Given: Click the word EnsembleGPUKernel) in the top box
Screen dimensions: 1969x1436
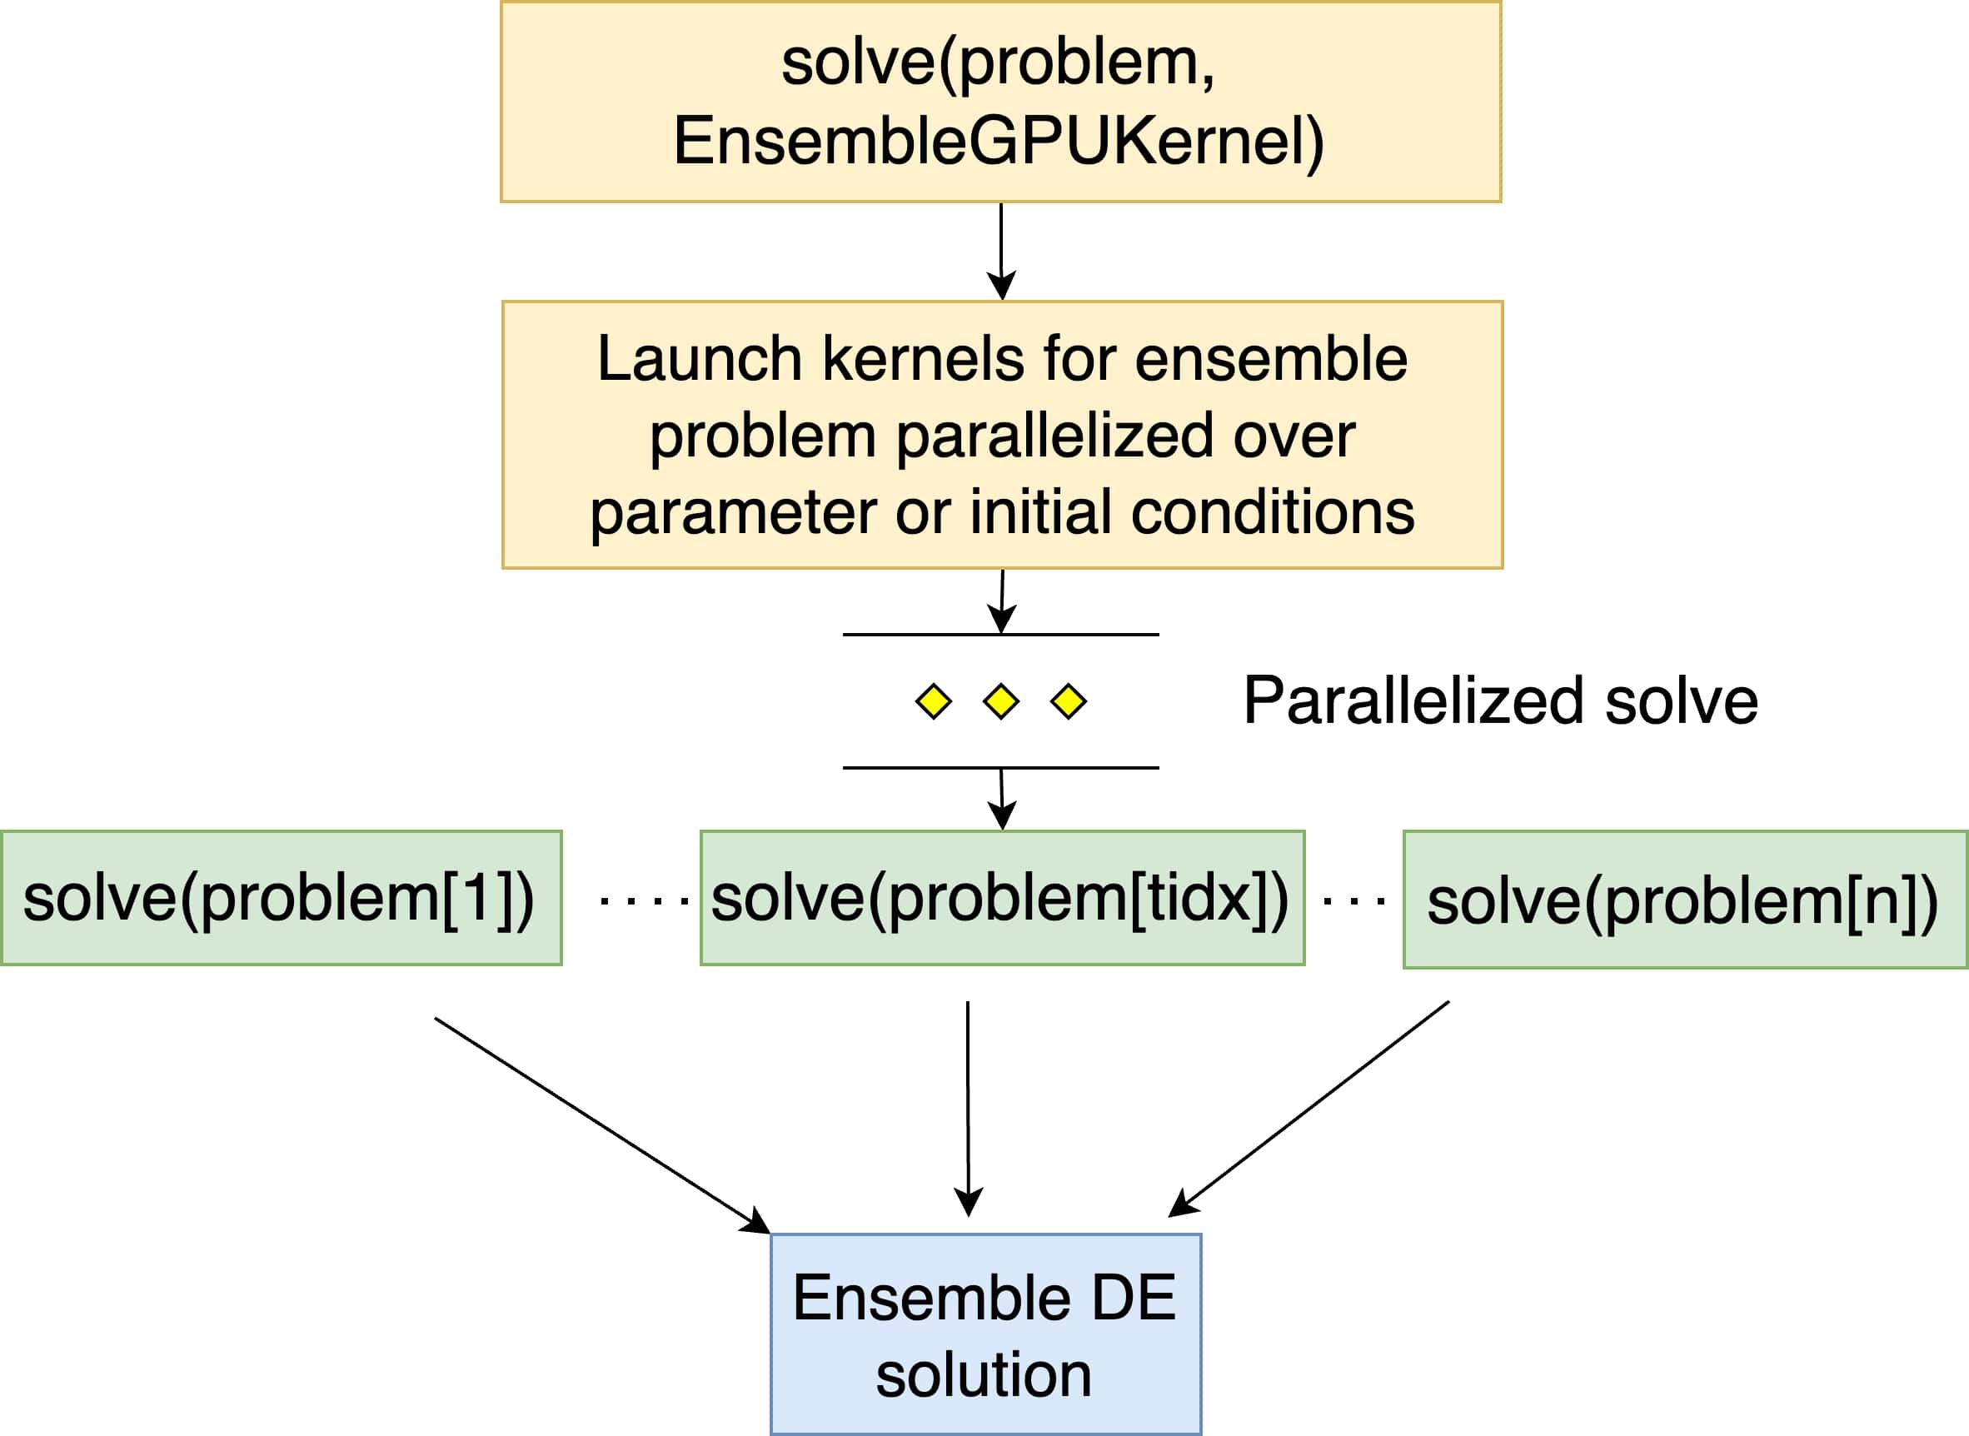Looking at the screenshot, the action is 999,142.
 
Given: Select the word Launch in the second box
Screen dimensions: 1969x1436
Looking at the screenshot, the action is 699,359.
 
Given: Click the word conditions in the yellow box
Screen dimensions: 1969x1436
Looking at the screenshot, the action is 1273,512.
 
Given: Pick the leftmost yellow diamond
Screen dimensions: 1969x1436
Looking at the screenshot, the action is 934,701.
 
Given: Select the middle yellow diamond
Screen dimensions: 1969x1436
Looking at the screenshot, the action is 1000,701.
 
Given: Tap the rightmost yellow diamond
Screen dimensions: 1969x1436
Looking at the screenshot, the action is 1069,701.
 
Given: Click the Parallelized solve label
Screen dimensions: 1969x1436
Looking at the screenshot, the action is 1500,701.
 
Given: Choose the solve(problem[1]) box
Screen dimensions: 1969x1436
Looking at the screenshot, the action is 282,898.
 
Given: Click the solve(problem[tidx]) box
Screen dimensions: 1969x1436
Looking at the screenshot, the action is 1002,898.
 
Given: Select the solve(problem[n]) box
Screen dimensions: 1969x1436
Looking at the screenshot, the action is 1686,900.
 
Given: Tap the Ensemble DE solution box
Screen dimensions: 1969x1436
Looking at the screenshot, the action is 986,1334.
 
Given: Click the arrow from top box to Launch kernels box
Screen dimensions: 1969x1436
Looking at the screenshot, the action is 1001,252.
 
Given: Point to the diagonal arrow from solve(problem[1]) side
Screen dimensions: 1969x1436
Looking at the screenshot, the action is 602,1125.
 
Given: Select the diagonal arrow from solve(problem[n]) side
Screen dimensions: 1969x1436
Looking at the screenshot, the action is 1309,1109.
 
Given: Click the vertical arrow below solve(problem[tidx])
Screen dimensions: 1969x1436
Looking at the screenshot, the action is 969,1109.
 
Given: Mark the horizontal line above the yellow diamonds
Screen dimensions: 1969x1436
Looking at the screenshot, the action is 1000,635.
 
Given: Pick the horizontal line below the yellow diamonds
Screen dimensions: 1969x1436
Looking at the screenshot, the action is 1000,767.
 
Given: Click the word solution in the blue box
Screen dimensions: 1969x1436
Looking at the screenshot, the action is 984,1375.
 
